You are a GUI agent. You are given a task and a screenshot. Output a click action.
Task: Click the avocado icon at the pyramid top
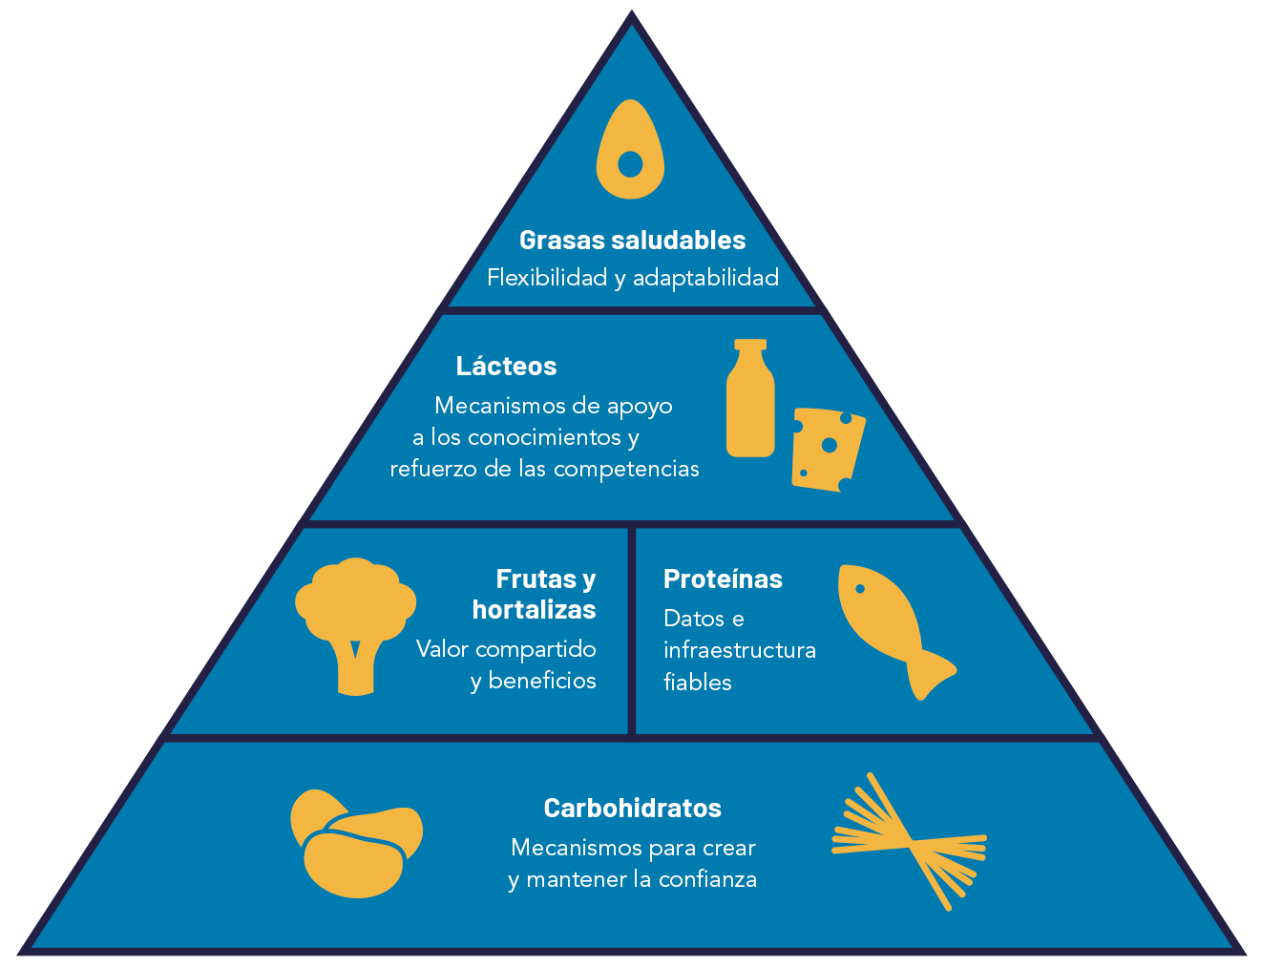[630, 149]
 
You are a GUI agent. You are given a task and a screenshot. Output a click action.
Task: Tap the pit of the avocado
[630, 164]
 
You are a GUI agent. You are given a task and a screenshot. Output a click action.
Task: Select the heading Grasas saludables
[632, 241]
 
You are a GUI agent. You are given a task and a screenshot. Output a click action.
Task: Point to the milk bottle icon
[750, 397]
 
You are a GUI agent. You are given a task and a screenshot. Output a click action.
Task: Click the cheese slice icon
[828, 450]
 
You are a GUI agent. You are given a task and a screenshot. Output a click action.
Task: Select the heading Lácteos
[506, 367]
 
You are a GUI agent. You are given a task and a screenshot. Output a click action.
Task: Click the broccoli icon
[356, 626]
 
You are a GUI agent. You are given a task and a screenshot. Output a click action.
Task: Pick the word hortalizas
[534, 610]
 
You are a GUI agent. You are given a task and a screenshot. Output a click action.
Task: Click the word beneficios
[542, 681]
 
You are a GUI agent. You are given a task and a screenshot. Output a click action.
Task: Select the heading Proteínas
[723, 579]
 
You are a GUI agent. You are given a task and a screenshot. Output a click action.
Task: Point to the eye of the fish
[860, 588]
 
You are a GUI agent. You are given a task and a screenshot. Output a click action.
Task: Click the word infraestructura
[740, 650]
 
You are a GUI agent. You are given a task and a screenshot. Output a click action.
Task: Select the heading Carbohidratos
[633, 808]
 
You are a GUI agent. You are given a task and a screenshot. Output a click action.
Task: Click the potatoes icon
[356, 843]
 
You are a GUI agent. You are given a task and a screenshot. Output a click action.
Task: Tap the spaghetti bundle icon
[910, 841]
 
